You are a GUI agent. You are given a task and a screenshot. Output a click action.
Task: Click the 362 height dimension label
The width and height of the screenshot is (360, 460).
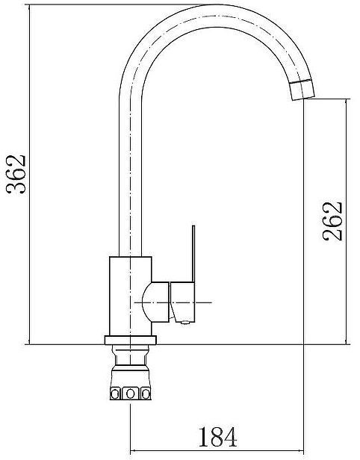(x=16, y=174)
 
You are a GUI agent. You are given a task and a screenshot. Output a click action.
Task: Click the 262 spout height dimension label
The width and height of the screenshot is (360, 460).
(x=332, y=221)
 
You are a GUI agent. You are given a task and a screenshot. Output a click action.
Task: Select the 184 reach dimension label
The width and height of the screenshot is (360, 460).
(x=217, y=437)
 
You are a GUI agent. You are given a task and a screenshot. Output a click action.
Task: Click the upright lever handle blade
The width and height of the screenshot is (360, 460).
(x=193, y=254)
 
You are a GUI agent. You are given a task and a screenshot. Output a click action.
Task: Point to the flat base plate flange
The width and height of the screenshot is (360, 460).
(x=130, y=340)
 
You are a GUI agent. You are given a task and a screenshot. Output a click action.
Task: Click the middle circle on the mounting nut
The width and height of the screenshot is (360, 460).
(x=130, y=394)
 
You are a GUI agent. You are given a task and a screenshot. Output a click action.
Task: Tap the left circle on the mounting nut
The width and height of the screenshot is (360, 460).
(x=115, y=394)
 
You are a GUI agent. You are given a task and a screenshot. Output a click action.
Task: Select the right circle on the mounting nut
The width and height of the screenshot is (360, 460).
(x=146, y=394)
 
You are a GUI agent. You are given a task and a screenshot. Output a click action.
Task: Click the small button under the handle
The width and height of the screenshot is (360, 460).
(x=184, y=323)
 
